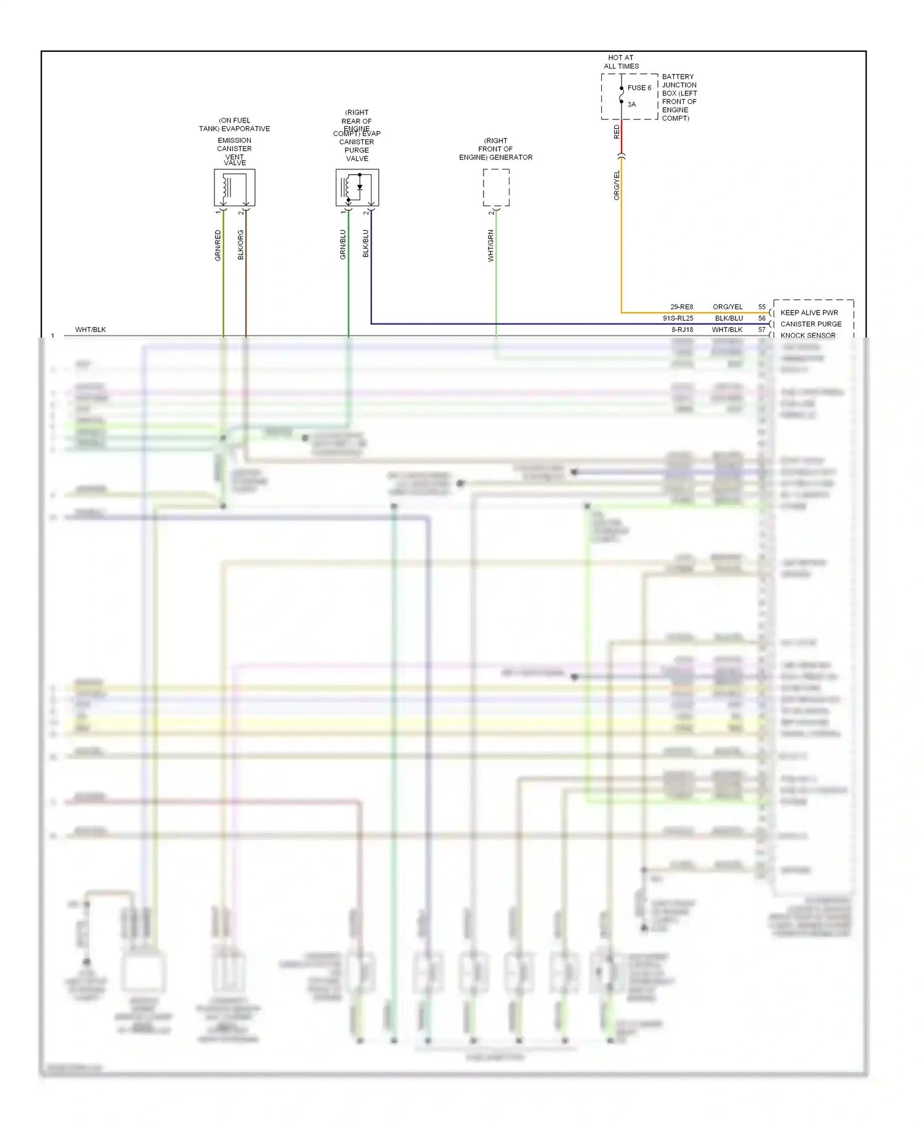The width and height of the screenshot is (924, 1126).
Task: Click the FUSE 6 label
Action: click(x=639, y=88)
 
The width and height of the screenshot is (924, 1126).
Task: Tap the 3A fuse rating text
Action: click(x=631, y=105)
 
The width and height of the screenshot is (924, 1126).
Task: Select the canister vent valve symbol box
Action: click(x=234, y=188)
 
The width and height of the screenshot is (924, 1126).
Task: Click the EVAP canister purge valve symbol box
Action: click(x=357, y=188)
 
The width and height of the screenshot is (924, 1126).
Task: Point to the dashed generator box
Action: click(x=496, y=188)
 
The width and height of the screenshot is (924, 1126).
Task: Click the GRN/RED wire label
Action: click(x=217, y=245)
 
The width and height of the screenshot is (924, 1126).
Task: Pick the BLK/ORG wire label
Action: click(x=241, y=245)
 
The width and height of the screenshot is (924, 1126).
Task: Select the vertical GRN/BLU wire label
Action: click(x=343, y=245)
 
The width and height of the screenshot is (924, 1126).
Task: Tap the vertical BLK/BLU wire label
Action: click(x=366, y=244)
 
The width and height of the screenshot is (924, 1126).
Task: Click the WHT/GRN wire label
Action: click(x=491, y=246)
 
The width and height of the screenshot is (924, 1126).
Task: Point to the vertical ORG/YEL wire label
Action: click(x=617, y=185)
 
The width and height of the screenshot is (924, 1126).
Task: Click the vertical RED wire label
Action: click(x=617, y=132)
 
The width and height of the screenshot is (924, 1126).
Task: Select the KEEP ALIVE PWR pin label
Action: click(x=809, y=313)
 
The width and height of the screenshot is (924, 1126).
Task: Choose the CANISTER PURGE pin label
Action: click(x=811, y=324)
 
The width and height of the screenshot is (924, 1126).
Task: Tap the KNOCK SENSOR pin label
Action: click(x=808, y=336)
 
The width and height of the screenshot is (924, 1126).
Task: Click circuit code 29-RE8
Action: click(x=681, y=307)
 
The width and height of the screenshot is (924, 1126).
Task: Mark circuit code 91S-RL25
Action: click(x=678, y=318)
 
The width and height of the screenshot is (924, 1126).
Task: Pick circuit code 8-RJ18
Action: click(x=682, y=330)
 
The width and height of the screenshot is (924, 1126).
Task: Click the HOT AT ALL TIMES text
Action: click(x=621, y=62)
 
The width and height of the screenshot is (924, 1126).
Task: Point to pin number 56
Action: click(x=762, y=318)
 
